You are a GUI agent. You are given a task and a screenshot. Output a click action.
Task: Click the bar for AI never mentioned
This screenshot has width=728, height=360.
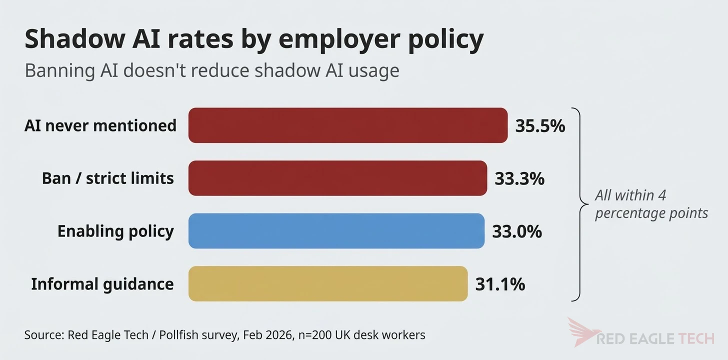[347, 125]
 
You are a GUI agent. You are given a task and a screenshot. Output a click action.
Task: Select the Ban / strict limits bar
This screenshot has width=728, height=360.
[337, 178]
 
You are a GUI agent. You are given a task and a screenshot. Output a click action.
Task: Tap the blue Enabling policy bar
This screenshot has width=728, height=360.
[336, 231]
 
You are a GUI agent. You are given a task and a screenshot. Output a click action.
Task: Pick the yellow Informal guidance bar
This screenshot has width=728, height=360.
[327, 284]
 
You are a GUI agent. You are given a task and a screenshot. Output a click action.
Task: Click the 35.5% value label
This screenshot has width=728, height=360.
[540, 126]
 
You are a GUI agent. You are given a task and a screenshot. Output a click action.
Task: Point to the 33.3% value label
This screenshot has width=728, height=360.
[519, 178]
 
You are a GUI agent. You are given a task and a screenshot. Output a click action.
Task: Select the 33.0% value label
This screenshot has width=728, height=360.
[517, 231]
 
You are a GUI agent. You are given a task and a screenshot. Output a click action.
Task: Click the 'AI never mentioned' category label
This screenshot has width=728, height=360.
[100, 125]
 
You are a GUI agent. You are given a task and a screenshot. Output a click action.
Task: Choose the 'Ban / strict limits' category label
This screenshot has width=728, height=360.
[108, 178]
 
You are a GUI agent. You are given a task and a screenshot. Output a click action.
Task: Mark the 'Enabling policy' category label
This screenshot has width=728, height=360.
[115, 231]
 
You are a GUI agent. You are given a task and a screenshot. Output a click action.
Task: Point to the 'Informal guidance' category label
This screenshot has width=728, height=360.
[102, 284]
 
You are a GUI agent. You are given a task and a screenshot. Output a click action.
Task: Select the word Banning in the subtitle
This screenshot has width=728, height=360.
[59, 70]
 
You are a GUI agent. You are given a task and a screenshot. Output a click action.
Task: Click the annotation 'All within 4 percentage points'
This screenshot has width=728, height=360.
[651, 204]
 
